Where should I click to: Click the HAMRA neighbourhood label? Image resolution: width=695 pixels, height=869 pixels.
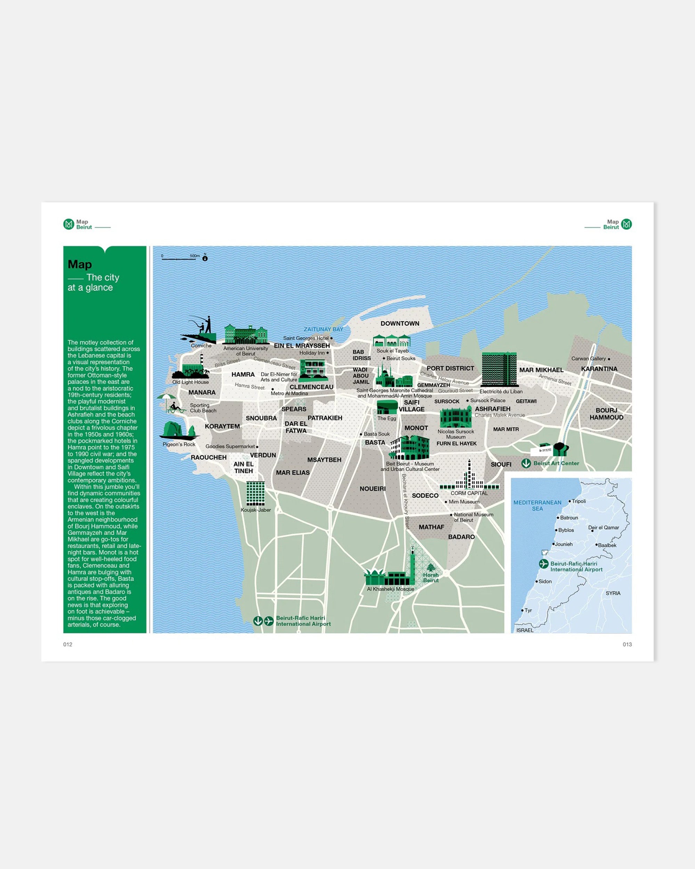[243, 374]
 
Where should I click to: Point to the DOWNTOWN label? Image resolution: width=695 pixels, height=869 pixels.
[400, 324]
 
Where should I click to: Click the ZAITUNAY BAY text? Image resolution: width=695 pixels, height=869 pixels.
[323, 329]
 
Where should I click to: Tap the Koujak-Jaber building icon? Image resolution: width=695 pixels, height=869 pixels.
[255, 493]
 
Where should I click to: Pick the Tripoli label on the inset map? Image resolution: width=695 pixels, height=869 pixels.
[579, 501]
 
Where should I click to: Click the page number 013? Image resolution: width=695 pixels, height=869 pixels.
[627, 644]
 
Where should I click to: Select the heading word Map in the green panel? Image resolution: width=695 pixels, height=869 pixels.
[80, 265]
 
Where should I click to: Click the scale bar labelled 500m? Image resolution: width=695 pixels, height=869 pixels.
[179, 258]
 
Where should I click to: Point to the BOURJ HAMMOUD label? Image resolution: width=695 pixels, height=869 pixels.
[606, 414]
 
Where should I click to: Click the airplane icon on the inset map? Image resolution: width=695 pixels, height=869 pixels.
[543, 564]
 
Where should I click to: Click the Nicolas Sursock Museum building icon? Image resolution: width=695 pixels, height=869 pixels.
[456, 417]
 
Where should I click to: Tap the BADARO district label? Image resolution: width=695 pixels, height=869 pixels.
[461, 537]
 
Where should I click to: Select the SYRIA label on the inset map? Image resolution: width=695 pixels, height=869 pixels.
[613, 593]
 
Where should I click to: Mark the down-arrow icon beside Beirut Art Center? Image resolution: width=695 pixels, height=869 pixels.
[526, 463]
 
